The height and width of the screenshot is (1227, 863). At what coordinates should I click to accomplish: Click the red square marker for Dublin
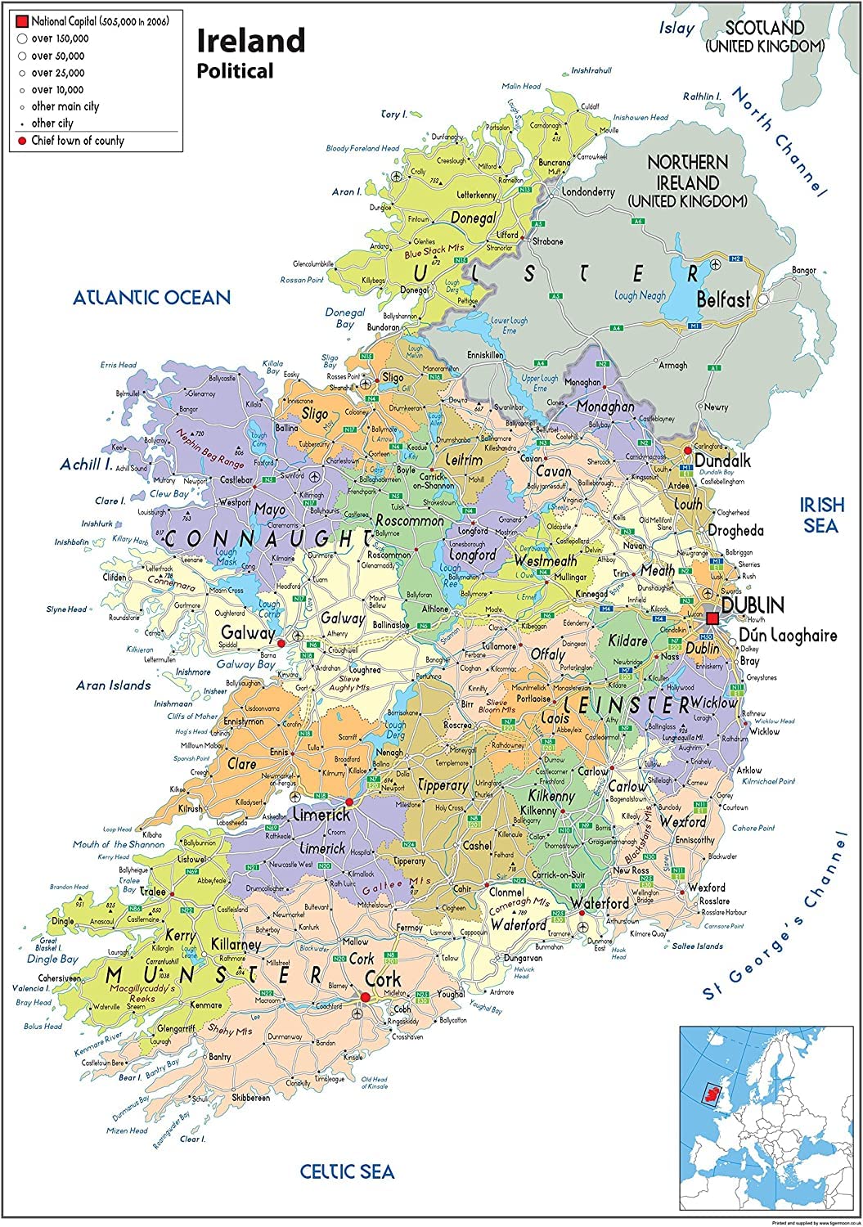point(714,618)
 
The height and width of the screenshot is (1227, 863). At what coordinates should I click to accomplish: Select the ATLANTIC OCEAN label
point(151,297)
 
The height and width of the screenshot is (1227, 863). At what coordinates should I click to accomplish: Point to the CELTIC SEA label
point(346,1171)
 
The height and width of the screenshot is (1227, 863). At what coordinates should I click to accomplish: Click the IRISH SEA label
point(820,515)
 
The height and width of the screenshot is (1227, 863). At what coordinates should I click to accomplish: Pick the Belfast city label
point(723,300)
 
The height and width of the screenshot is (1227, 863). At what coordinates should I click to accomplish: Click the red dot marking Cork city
point(364,996)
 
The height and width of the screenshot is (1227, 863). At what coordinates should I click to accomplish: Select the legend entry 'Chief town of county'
point(78,141)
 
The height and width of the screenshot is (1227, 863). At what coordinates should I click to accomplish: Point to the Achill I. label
point(86,465)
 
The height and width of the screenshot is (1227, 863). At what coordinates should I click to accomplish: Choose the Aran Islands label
point(114,685)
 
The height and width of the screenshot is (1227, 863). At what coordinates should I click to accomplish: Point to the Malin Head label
point(521,87)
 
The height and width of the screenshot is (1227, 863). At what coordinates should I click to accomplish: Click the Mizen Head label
point(127,1131)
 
